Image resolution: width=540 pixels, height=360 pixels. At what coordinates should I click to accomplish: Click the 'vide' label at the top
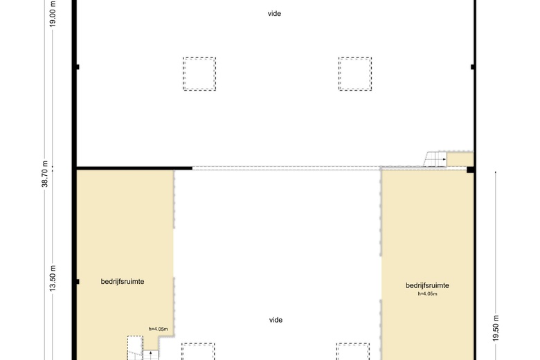[x=275, y=13]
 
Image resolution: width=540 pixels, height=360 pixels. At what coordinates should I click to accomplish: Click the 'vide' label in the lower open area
[x=275, y=320]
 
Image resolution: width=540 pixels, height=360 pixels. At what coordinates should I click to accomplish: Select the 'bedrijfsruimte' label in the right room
[x=428, y=285]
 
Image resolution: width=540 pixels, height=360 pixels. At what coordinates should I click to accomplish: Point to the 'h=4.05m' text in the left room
[x=159, y=329]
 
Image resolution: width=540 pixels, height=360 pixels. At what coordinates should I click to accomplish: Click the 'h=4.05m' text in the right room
[x=428, y=294]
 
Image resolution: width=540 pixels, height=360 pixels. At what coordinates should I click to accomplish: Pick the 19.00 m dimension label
[x=53, y=13]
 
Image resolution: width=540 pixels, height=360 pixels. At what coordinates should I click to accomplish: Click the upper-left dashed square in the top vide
[x=199, y=73]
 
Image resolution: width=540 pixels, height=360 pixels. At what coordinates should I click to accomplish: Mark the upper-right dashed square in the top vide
[x=355, y=73]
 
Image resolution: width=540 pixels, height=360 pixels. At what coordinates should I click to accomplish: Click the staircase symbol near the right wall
[x=435, y=159]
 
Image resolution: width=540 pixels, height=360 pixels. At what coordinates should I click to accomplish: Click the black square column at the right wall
[x=470, y=169]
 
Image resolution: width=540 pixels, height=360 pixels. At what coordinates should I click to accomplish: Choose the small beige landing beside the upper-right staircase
[x=458, y=159]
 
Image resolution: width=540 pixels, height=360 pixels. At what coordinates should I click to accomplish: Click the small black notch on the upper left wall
[x=78, y=67]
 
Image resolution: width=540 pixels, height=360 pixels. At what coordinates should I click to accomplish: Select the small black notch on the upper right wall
[x=472, y=67]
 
